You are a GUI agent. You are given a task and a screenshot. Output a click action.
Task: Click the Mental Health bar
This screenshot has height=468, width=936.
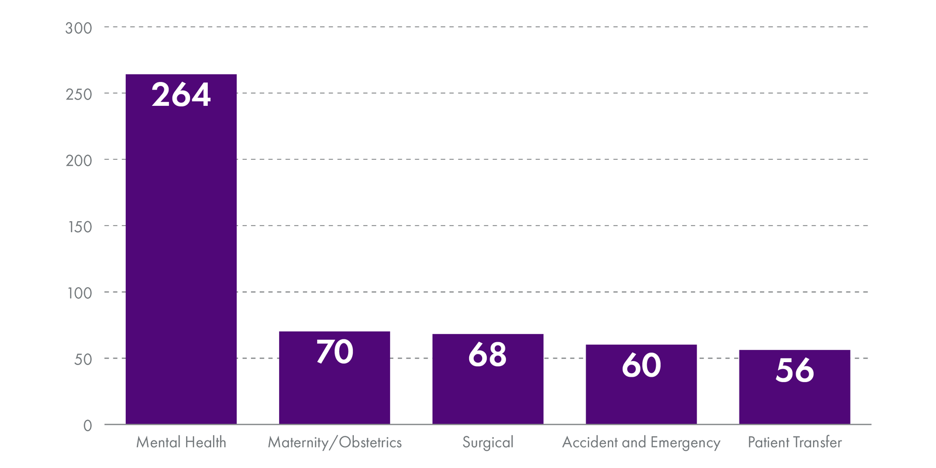(181, 263)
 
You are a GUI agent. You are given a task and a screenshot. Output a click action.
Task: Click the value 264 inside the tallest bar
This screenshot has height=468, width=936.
(181, 95)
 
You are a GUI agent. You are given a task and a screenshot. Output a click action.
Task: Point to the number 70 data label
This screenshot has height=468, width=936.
(335, 352)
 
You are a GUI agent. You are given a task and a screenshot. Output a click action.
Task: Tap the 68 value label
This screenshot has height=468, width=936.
(487, 355)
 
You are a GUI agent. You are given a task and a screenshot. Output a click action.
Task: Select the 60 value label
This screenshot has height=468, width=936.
(641, 366)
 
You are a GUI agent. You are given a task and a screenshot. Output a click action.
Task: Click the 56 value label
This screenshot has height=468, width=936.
(794, 371)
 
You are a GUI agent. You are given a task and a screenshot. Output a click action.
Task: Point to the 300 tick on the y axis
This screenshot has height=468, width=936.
(78, 28)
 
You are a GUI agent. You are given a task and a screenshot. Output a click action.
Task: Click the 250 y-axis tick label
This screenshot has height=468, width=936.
(78, 94)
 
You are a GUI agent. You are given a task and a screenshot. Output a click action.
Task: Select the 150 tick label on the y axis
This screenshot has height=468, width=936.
(80, 227)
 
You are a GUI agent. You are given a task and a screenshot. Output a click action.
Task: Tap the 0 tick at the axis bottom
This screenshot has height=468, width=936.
(88, 426)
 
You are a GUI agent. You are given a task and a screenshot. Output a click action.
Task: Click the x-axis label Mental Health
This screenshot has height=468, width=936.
(181, 442)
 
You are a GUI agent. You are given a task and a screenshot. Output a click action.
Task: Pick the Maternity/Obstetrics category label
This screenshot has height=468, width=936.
(335, 442)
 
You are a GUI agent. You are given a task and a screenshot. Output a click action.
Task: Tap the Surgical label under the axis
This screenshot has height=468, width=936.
(487, 442)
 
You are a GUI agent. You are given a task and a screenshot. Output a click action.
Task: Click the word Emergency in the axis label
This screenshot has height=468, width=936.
(685, 443)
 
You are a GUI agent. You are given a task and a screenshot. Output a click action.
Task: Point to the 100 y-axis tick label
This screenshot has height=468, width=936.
(80, 293)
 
